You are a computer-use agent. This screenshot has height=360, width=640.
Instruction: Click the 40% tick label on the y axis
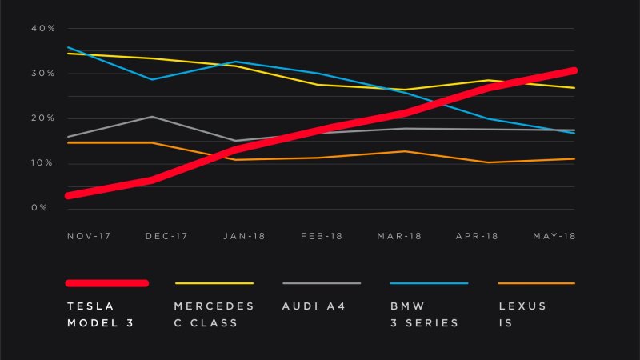pyautogui.click(x=42, y=29)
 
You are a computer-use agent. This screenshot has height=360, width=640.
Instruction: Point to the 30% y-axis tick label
pyautogui.click(x=42, y=74)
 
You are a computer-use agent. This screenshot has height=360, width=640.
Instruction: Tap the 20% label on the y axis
pyautogui.click(x=42, y=118)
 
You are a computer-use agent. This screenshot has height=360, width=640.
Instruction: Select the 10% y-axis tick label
pyautogui.click(x=42, y=163)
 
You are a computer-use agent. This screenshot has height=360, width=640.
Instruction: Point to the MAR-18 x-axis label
pyautogui.click(x=399, y=237)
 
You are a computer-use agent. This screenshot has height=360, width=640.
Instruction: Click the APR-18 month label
pyautogui.click(x=477, y=237)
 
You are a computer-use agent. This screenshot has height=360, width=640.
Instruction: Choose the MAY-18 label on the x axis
pyautogui.click(x=554, y=237)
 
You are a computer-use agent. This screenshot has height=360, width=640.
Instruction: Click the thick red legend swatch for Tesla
pyautogui.click(x=107, y=283)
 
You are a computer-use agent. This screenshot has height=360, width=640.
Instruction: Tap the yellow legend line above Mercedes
pyautogui.click(x=214, y=283)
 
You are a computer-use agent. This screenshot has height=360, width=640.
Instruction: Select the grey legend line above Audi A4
pyautogui.click(x=322, y=283)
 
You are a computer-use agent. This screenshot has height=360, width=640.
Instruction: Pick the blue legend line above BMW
pyautogui.click(x=429, y=283)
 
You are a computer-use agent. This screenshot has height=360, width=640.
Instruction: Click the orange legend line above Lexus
pyautogui.click(x=536, y=283)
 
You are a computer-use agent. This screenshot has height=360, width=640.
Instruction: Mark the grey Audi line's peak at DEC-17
pyautogui.click(x=152, y=117)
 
